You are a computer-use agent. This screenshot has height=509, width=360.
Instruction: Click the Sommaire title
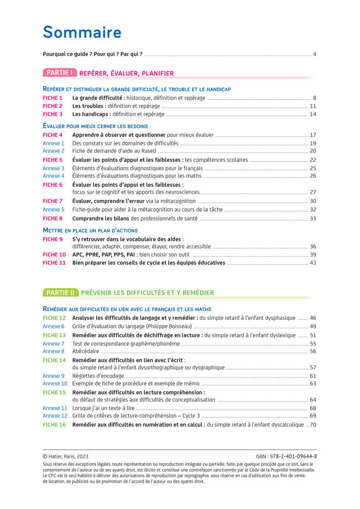click(82, 32)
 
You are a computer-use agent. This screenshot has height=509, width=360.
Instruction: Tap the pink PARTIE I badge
click(60, 73)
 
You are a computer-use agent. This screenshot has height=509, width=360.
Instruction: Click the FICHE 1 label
click(52, 98)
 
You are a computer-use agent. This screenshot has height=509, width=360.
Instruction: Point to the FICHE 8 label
click(52, 219)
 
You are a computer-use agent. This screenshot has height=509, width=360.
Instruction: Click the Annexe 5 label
click(53, 210)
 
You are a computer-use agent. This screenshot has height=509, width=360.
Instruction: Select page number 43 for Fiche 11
click(313, 263)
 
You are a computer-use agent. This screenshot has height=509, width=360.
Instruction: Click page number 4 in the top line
click(314, 54)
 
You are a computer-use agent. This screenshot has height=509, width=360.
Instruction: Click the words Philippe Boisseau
click(170, 326)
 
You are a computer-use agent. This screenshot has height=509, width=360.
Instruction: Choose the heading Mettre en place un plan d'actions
click(90, 230)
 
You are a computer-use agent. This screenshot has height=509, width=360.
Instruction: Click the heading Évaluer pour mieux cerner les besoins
click(95, 126)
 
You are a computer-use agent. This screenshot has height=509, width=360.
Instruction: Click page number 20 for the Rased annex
click(313, 151)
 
